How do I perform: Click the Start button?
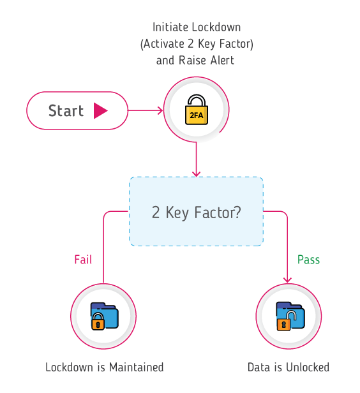[77, 110]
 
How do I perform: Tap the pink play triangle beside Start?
[101, 110]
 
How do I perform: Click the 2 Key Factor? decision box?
[196, 211]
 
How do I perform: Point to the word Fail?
[83, 260]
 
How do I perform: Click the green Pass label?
[308, 260]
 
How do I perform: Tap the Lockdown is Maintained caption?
[104, 367]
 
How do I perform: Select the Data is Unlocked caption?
[289, 367]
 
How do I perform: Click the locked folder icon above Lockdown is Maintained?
[103, 316]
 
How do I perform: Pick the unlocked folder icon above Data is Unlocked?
[289, 316]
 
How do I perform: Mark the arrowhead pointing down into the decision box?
[196, 172]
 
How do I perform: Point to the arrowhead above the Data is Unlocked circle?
[288, 279]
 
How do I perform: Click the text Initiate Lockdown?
[195, 27]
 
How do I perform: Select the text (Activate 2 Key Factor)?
[195, 44]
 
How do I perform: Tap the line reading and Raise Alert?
[195, 61]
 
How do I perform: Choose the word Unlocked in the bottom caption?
[307, 367]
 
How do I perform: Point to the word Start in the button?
[66, 110]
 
